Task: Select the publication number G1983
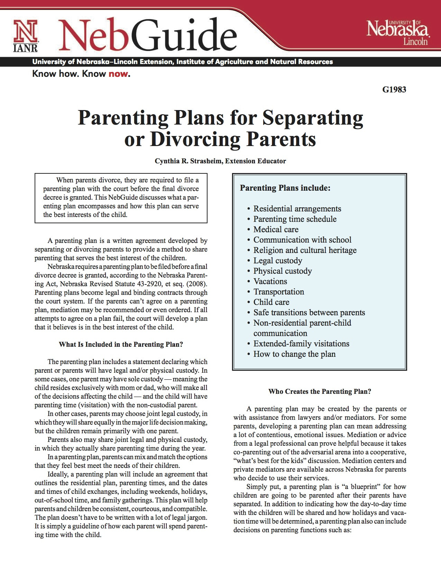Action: pyautogui.click(x=394, y=90)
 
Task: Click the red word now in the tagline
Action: pyautogui.click(x=118, y=74)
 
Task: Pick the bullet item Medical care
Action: pyautogui.click(x=276, y=229)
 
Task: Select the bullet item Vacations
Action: pyautogui.click(x=270, y=281)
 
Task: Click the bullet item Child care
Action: pyautogui.click(x=271, y=302)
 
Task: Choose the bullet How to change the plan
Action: pyautogui.click(x=294, y=354)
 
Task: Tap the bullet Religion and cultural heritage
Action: pyautogui.click(x=305, y=250)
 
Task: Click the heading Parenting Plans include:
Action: pyautogui.click(x=285, y=188)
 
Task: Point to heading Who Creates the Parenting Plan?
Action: pyautogui.click(x=320, y=391)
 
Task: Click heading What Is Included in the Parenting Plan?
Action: pyautogui.click(x=121, y=344)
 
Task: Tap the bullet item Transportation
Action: pyautogui.click(x=278, y=292)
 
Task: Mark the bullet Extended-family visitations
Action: pyautogui.click(x=301, y=344)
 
